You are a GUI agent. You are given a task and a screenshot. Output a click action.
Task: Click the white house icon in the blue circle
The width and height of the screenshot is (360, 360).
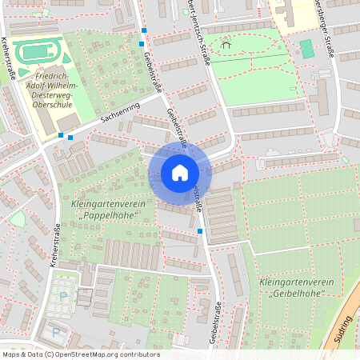pos(179,173)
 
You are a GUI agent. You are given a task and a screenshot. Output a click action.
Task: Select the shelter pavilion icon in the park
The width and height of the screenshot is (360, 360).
pos(226,46)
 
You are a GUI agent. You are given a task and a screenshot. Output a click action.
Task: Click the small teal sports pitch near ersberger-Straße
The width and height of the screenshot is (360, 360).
pos(307,49)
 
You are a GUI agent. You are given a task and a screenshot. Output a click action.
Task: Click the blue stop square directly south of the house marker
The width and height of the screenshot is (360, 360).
pos(200,231)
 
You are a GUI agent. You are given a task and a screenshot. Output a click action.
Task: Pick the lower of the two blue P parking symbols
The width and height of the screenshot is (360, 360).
pos(55,332)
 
